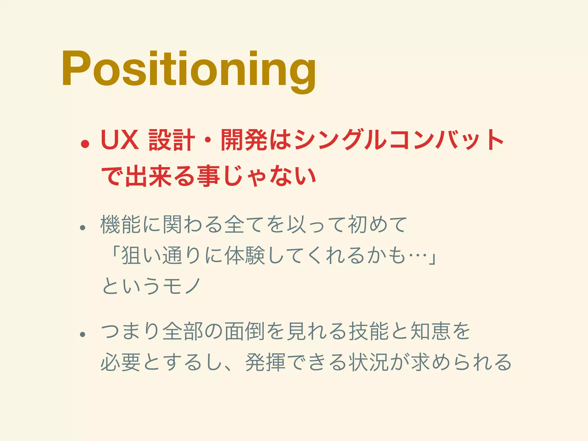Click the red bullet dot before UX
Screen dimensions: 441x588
tap(85, 144)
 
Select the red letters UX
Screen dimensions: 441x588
tap(120, 140)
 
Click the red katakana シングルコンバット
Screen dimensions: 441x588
tap(399, 140)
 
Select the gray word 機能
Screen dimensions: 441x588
tap(121, 225)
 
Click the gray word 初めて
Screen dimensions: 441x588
tap(377, 225)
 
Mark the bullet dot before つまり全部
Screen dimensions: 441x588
tap(83, 334)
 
